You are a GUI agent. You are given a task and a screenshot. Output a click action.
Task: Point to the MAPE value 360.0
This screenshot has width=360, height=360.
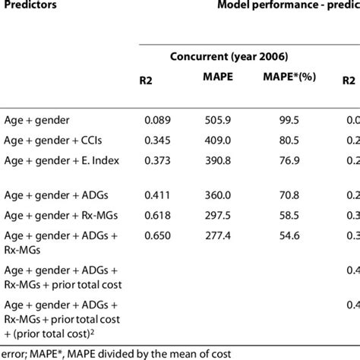point(224,195)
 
